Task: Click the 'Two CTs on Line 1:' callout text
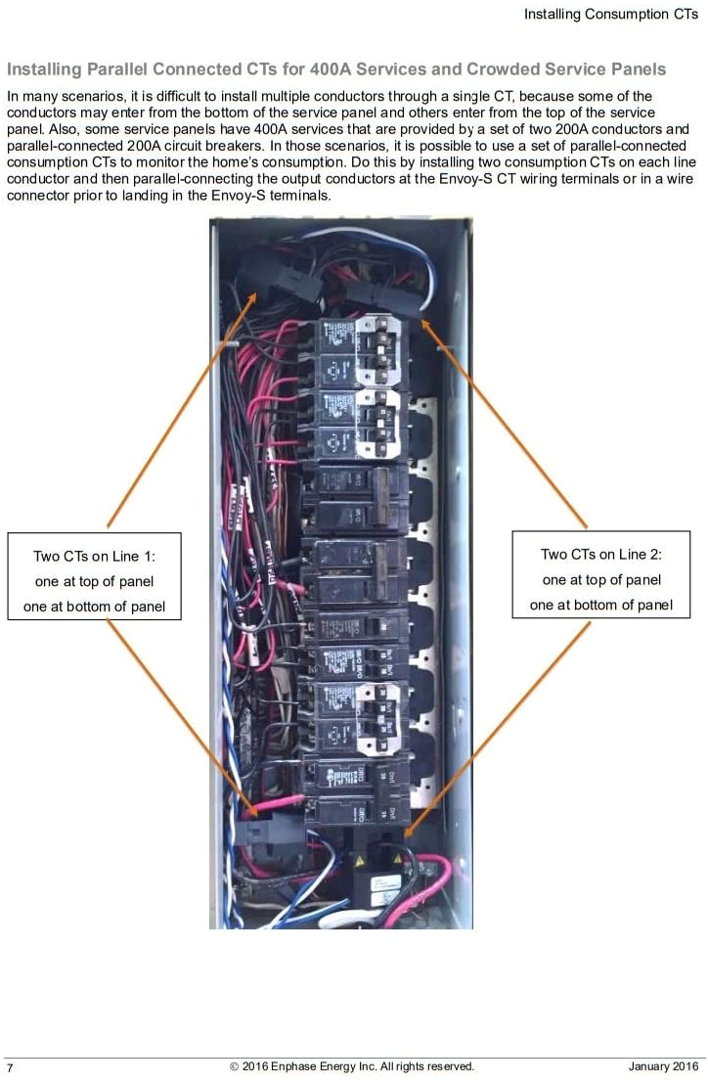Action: (x=94, y=556)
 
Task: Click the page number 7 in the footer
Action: (x=10, y=1066)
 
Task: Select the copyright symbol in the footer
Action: (x=235, y=1066)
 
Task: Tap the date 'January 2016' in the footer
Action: (x=663, y=1066)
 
